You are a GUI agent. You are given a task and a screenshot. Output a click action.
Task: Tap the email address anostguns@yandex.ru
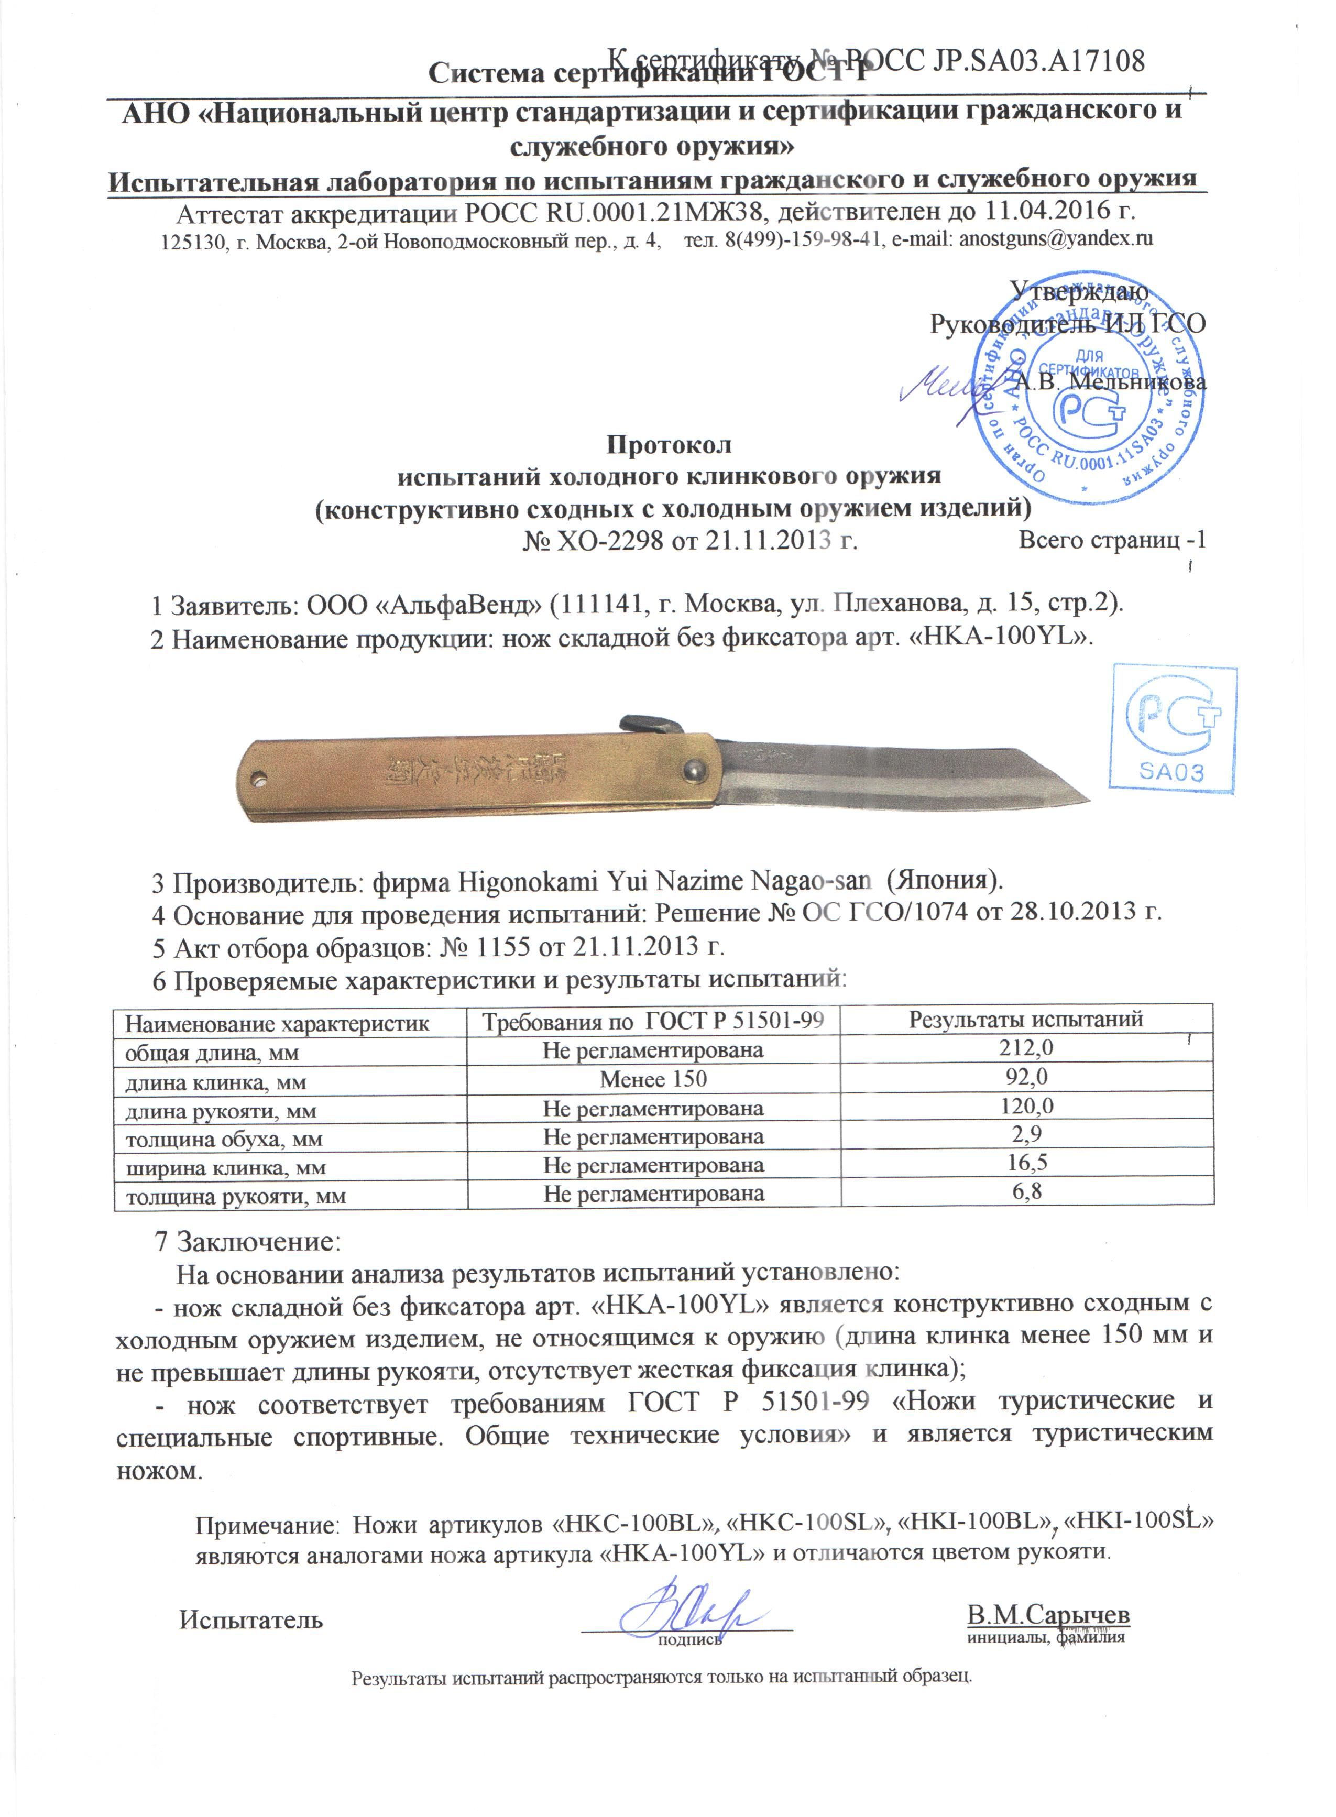tap(1055, 240)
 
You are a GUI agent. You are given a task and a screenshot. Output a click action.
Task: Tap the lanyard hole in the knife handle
tap(258, 780)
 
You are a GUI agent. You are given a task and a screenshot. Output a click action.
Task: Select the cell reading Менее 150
tap(653, 1079)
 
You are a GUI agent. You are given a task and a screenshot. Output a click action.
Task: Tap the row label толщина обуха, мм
tap(224, 1140)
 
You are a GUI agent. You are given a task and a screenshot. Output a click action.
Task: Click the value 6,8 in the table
tap(1026, 1191)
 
